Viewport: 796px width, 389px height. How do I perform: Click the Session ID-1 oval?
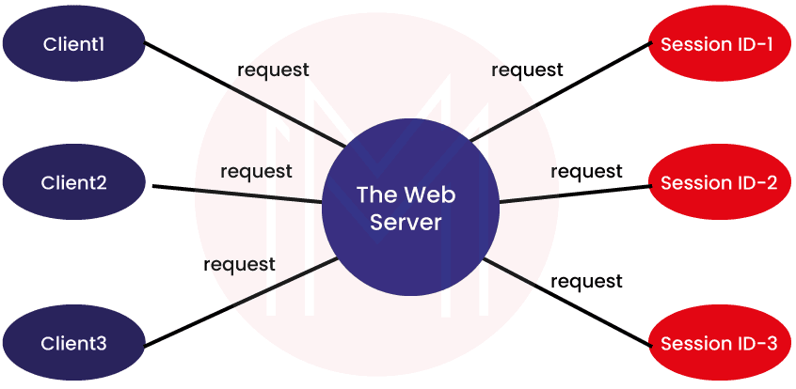[719, 44]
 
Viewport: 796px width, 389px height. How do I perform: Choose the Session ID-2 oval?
[719, 182]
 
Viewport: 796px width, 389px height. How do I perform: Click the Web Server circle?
[409, 208]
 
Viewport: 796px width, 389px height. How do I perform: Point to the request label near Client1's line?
[274, 70]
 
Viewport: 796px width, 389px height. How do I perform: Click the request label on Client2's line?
[256, 172]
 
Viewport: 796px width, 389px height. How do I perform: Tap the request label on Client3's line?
[240, 265]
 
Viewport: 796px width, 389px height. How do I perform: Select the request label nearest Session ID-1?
[528, 70]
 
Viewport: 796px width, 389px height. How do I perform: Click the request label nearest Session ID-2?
[586, 172]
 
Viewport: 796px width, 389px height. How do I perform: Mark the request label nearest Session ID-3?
[586, 282]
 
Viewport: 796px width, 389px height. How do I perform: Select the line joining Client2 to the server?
[235, 193]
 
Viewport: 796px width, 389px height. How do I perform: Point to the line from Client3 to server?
[235, 303]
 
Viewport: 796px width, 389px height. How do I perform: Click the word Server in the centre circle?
[406, 223]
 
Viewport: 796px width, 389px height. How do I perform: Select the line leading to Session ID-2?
[574, 191]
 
